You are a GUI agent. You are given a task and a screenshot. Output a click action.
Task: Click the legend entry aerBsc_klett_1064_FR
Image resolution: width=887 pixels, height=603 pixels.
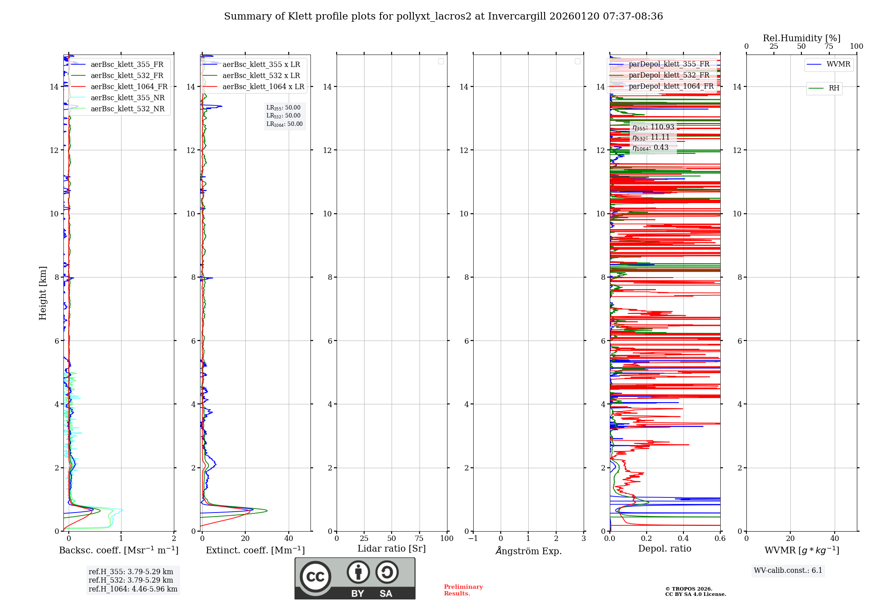(x=129, y=87)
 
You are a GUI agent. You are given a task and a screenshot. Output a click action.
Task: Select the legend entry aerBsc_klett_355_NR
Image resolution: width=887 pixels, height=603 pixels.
(x=127, y=98)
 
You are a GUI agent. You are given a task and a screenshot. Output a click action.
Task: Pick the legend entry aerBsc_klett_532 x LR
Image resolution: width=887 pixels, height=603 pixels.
(x=261, y=76)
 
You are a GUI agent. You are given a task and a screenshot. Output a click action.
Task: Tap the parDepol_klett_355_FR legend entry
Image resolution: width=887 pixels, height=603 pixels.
(x=669, y=64)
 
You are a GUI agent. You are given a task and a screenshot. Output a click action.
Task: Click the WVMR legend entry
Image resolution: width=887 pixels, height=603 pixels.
(x=838, y=64)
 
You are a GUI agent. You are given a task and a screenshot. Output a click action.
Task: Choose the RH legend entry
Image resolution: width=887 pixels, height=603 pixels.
(x=833, y=88)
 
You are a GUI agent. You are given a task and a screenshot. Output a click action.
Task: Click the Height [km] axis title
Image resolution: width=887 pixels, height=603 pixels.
(x=43, y=293)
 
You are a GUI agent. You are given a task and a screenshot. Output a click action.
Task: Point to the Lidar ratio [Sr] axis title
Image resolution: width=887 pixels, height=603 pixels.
(x=391, y=549)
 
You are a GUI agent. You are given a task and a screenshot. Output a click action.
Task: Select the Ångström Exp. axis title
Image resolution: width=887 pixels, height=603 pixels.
(x=528, y=551)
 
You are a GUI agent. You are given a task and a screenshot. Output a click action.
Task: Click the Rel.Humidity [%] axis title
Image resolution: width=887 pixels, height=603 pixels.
(x=801, y=38)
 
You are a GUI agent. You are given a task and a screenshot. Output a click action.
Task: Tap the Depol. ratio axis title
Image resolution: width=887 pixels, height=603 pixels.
(x=664, y=549)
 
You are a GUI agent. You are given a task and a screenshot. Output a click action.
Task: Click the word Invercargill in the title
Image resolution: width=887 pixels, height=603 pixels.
(x=517, y=16)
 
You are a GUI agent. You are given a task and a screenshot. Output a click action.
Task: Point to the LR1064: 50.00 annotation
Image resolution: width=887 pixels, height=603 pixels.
(x=284, y=124)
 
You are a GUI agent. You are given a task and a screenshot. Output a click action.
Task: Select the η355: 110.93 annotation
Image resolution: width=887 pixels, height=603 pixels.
(x=653, y=127)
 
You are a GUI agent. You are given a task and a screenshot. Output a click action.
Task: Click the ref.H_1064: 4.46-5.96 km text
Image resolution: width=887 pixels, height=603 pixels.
(x=133, y=589)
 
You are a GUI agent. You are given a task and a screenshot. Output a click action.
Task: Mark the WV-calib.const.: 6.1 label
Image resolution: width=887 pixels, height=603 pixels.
(x=788, y=571)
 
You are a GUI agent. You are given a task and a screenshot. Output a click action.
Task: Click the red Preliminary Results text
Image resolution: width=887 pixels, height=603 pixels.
(x=463, y=590)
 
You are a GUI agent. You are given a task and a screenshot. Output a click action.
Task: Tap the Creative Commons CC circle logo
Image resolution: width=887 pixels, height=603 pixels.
(x=315, y=577)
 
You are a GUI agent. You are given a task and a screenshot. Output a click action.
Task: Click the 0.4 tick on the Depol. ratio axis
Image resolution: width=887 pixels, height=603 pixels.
(x=683, y=539)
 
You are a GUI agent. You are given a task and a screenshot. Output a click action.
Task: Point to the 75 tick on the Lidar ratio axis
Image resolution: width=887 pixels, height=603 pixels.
(x=419, y=539)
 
